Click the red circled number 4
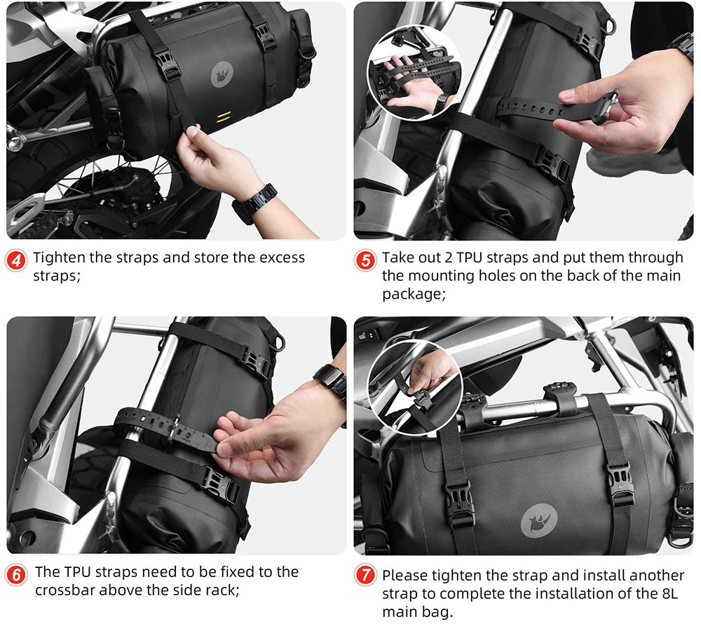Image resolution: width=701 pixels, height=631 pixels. click(17, 260)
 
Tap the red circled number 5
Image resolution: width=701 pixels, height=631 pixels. click(365, 260)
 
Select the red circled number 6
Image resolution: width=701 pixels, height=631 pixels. click(17, 575)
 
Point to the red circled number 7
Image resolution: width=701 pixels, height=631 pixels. click(365, 575)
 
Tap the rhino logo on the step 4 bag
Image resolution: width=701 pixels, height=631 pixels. click(222, 74)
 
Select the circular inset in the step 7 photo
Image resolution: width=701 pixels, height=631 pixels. click(415, 388)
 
